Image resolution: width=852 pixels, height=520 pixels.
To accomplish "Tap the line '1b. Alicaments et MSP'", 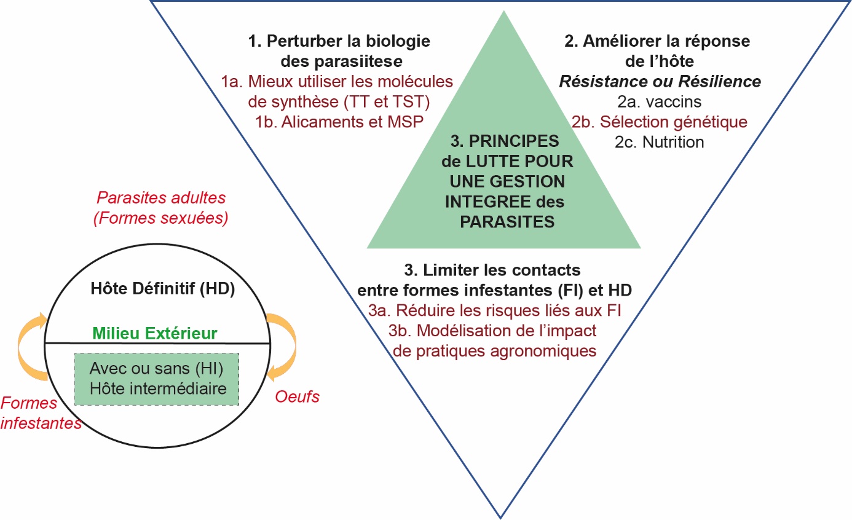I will [339, 121].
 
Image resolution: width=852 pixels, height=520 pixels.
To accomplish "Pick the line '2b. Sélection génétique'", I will [659, 122].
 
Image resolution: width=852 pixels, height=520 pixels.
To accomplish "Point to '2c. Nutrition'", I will [659, 142].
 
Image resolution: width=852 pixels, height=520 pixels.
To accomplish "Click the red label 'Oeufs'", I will [296, 396].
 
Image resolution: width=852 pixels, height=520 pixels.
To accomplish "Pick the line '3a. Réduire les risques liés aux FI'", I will [495, 310].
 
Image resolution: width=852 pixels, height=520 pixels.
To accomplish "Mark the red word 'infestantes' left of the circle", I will [41, 423].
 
